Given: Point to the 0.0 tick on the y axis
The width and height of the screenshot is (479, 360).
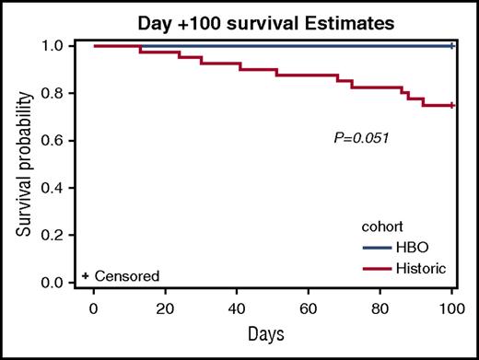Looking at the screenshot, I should [x=64, y=283].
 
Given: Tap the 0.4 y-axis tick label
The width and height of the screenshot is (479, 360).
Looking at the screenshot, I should [x=64, y=188].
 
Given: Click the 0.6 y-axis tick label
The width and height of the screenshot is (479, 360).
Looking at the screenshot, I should [x=64, y=140].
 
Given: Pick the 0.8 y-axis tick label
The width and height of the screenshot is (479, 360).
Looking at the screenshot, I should [x=64, y=93].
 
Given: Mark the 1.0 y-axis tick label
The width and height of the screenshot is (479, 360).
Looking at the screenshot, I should [x=64, y=45].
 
